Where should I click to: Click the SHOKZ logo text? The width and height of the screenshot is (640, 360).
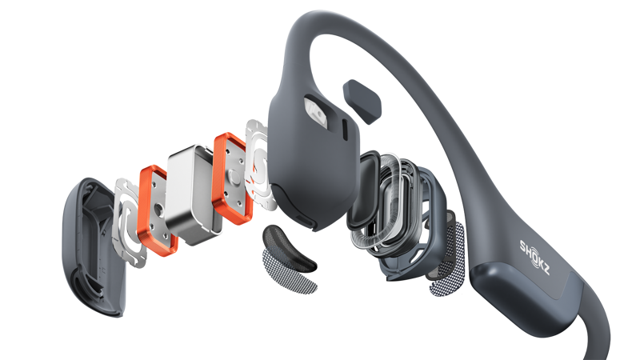pos(534,257)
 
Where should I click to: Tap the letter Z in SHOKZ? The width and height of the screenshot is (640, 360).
pos(546,270)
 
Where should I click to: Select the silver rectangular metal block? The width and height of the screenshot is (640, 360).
pos(194,194)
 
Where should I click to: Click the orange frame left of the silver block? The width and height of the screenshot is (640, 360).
pos(157,210)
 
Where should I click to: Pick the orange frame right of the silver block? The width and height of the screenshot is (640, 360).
pos(233,178)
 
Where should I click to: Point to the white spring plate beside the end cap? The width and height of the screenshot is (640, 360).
pos(130,222)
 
